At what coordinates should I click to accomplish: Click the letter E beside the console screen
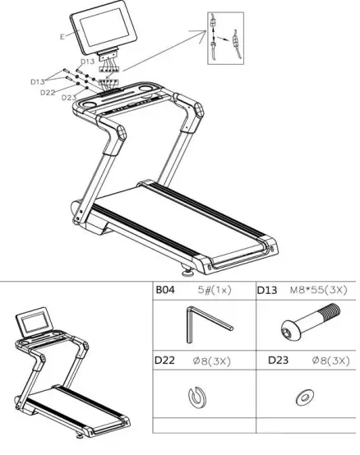63,37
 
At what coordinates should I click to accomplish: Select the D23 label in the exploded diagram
69,98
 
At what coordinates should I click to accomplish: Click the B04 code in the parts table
168,290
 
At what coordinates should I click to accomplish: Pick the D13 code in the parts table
269,290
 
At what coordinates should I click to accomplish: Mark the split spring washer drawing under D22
198,397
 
